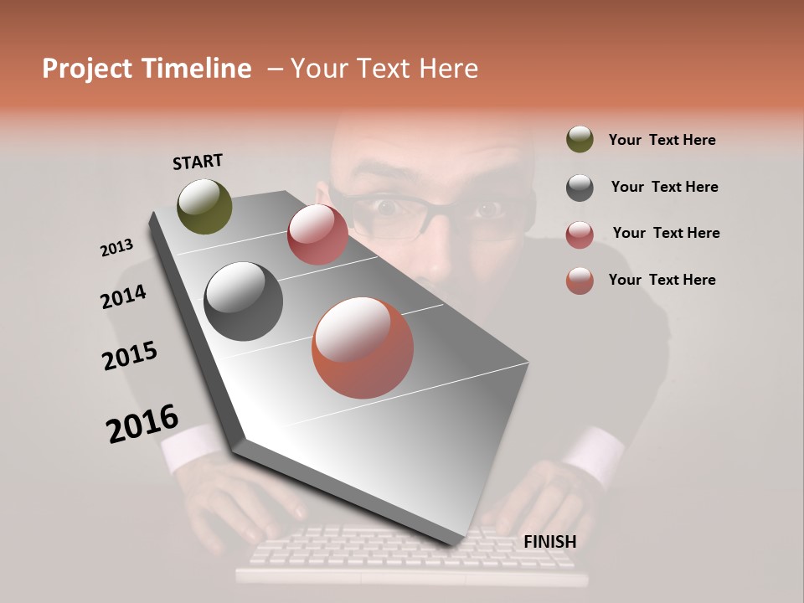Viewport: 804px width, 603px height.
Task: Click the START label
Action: point(198,162)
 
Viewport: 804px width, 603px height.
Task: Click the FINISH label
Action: point(549,542)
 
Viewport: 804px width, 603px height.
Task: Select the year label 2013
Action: point(117,248)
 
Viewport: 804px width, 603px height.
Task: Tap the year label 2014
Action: point(124,297)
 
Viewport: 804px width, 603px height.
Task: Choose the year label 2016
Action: point(142,424)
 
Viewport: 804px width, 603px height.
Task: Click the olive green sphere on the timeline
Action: point(204,206)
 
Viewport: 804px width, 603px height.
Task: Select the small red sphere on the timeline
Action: point(317,234)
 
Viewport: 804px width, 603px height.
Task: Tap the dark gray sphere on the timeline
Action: point(243,301)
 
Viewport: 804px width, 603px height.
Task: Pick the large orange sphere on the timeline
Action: point(363,348)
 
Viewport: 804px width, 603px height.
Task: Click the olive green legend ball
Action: point(580,139)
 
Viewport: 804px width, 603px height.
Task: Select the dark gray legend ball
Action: point(580,187)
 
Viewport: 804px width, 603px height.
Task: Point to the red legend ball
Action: point(580,234)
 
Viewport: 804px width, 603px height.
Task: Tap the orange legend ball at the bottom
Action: point(580,281)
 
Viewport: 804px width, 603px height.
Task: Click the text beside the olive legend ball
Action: point(662,140)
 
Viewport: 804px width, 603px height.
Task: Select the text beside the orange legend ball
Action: point(662,280)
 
